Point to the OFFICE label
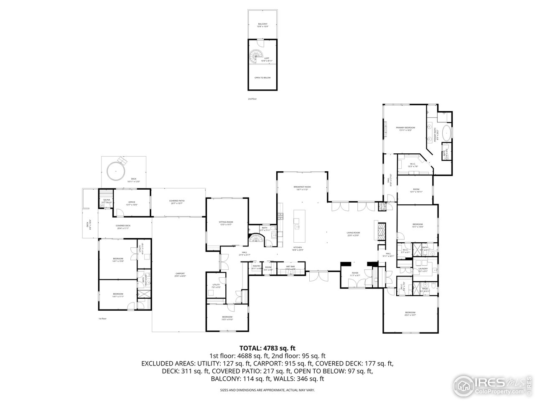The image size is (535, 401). click(132, 202)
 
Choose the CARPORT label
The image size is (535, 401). click(180, 273)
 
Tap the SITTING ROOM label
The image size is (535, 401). click(226, 222)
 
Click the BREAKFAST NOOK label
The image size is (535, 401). click(302, 187)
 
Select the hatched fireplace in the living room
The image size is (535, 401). click(382, 230)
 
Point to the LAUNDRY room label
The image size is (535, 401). click(423, 269)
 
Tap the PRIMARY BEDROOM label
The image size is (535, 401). click(405, 127)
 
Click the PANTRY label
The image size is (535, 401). click(257, 266)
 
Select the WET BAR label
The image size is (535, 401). click(290, 266)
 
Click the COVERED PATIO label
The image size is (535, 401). click(177, 201)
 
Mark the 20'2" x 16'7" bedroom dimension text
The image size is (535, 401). click(410, 315)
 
